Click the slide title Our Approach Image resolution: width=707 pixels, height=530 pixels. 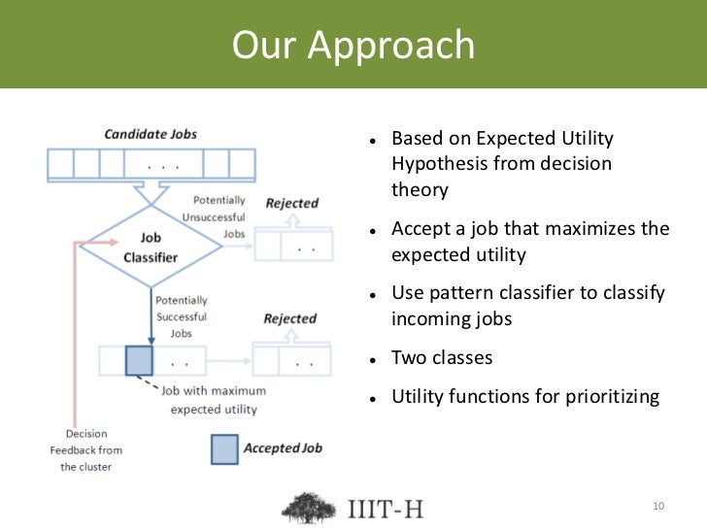[353, 46]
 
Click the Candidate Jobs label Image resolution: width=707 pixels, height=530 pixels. [150, 133]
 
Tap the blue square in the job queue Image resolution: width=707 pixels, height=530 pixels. [139, 360]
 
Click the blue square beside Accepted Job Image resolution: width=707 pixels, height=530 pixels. [225, 448]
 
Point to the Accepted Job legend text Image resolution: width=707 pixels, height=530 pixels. [283, 448]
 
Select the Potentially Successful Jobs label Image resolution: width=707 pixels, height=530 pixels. [183, 316]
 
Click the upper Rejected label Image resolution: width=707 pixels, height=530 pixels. [291, 203]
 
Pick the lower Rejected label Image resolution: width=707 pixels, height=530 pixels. [290, 318]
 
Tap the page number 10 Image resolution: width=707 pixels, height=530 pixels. [658, 507]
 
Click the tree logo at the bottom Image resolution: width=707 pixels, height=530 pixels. [310, 507]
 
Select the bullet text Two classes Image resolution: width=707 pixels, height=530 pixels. [442, 358]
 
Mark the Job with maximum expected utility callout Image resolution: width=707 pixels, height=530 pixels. [210, 400]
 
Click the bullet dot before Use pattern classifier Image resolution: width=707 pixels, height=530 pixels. [373, 295]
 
